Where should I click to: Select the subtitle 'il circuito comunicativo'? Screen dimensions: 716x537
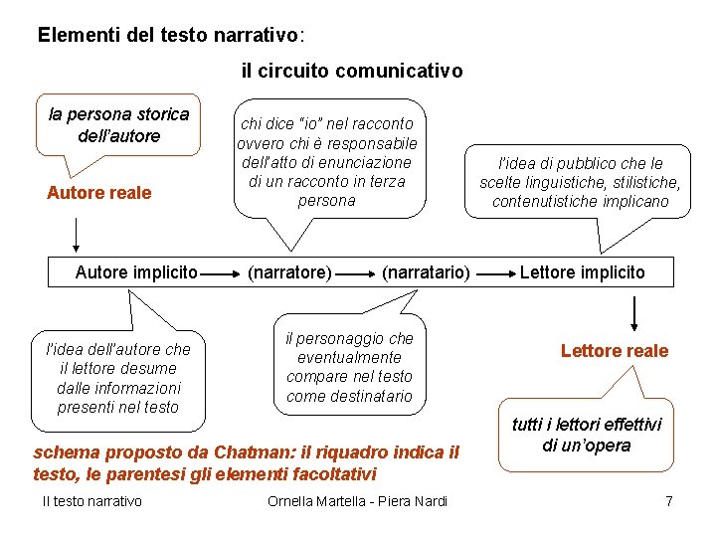coord(351,72)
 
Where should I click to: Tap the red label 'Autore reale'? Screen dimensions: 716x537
coord(99,193)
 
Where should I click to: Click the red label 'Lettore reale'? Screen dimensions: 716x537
coord(615,350)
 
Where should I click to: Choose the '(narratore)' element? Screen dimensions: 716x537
coord(289,271)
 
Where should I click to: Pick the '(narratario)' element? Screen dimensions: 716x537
coord(426,271)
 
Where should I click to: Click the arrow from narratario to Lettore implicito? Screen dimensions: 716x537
coord(493,271)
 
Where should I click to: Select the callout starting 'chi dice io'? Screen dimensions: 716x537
coord(327,161)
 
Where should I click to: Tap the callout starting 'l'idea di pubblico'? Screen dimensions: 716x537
coord(580,182)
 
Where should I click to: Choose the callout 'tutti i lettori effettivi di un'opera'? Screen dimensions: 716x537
coord(586,435)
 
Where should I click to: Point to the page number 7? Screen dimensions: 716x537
coord(669,500)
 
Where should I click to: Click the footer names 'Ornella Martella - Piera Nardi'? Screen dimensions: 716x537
coord(357,500)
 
